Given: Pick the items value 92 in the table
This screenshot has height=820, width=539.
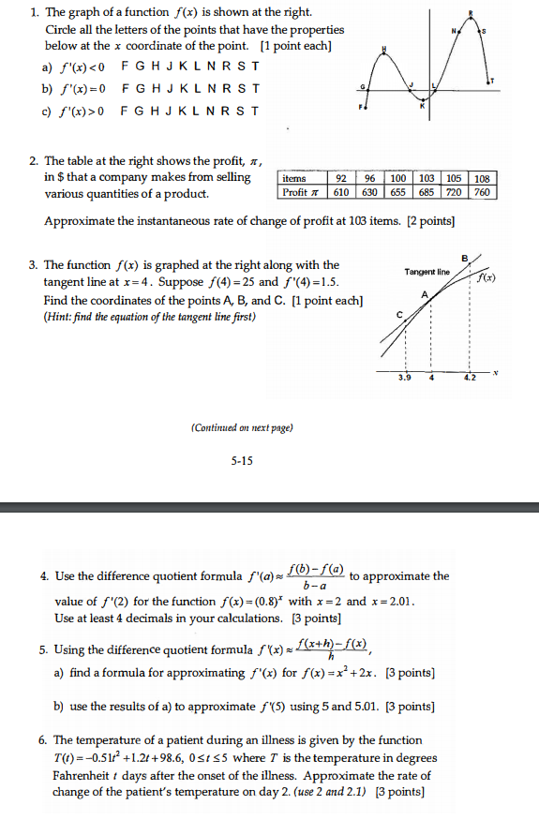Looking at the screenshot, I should (x=340, y=178).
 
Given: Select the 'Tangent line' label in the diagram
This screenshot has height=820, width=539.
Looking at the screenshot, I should (x=427, y=272).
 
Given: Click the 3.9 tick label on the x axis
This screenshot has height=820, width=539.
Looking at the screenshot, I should (x=405, y=378).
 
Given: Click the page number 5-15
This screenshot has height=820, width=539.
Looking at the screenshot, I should (x=242, y=460).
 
